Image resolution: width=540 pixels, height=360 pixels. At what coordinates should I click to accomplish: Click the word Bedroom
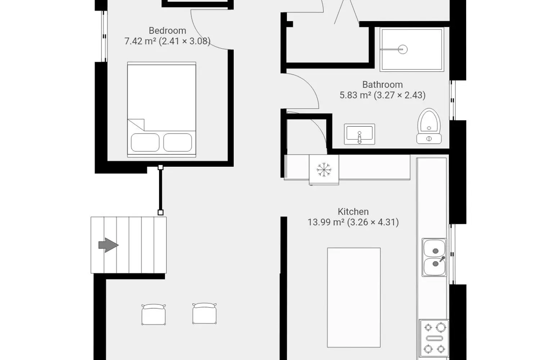point(167,31)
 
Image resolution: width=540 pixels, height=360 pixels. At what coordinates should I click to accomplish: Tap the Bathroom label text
point(382,85)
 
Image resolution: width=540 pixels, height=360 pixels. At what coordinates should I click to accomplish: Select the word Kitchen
point(353,211)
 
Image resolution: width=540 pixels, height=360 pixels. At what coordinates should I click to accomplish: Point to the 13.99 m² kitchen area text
point(326,222)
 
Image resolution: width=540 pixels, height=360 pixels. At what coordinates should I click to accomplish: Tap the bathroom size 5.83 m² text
point(355,95)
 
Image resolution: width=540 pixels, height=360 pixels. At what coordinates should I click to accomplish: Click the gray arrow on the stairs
point(108,245)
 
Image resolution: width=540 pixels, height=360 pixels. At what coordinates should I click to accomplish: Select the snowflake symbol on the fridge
point(324,170)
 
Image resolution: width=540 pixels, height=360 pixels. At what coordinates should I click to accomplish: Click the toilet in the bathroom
point(429,126)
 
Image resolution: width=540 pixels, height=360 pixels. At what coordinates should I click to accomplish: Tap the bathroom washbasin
point(359,134)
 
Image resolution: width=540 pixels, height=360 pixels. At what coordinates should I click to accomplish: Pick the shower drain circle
point(402,49)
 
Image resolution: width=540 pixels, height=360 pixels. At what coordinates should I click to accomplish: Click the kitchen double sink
point(434,257)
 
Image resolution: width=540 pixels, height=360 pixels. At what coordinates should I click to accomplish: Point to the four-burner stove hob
point(434,338)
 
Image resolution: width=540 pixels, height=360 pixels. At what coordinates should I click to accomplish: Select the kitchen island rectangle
point(354,298)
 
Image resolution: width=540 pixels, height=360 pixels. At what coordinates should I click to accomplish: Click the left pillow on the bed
point(145,143)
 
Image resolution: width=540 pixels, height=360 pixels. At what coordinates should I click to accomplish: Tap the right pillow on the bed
point(178,143)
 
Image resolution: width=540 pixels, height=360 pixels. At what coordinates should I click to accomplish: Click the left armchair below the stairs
point(154,314)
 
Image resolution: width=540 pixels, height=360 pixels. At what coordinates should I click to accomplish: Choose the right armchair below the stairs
point(204,314)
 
